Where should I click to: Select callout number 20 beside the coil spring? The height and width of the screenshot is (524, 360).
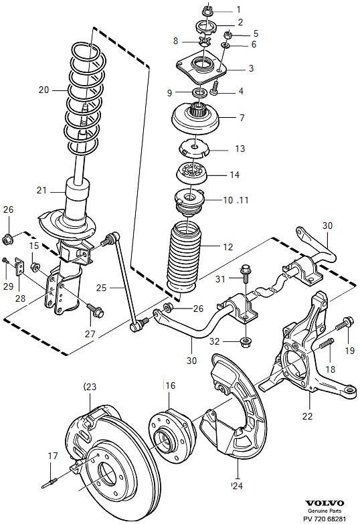43,89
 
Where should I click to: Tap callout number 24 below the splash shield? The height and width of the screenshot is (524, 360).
236,485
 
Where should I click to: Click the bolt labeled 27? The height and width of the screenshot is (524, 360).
95,310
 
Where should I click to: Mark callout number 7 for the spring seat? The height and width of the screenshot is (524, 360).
242,118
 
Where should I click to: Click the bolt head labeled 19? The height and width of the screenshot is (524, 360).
347,323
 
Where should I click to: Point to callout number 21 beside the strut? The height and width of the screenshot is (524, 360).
42,191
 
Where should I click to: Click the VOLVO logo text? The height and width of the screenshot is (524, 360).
325,503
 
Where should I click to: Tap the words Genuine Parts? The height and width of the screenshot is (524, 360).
325,511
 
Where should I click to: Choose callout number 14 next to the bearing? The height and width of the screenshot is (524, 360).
234,175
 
